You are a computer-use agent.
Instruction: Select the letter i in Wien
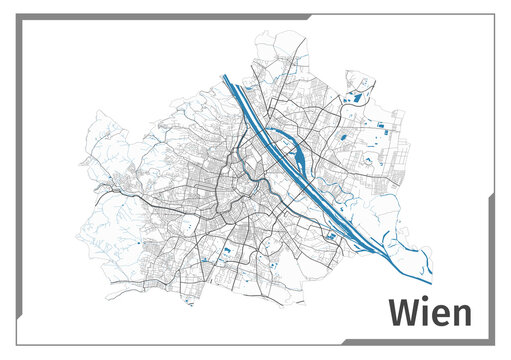tap(425, 313)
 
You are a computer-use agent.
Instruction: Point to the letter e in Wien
tap(440, 315)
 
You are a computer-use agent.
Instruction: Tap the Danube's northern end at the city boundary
tap(226, 78)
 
